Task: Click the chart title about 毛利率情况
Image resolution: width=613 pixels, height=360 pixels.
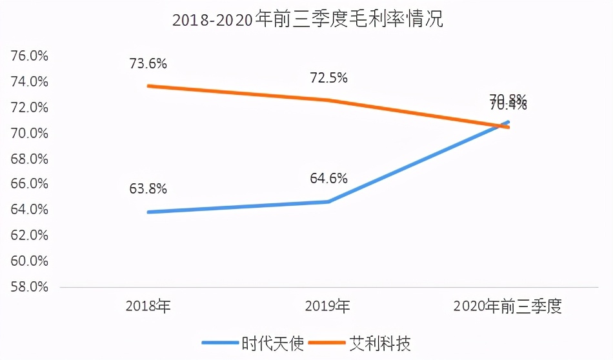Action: [306, 19]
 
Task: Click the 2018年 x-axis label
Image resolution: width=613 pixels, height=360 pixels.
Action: [148, 306]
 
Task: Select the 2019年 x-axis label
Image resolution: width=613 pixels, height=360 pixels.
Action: [328, 306]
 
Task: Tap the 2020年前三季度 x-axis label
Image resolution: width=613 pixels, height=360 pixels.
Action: [508, 306]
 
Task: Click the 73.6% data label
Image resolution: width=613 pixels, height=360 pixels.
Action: [148, 64]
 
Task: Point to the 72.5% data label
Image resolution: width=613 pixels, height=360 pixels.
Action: [328, 78]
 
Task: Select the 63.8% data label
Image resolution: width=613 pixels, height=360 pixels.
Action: [148, 189]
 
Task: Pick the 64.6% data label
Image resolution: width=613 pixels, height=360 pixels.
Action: [328, 178]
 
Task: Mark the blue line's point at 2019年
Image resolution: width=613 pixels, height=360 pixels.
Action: [328, 202]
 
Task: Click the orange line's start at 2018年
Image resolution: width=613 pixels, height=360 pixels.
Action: [149, 86]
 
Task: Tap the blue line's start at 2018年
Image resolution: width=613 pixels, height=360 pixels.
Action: [149, 212]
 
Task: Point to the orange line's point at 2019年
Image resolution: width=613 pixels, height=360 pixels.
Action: [328, 100]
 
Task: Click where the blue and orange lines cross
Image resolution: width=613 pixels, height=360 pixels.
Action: [503, 126]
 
